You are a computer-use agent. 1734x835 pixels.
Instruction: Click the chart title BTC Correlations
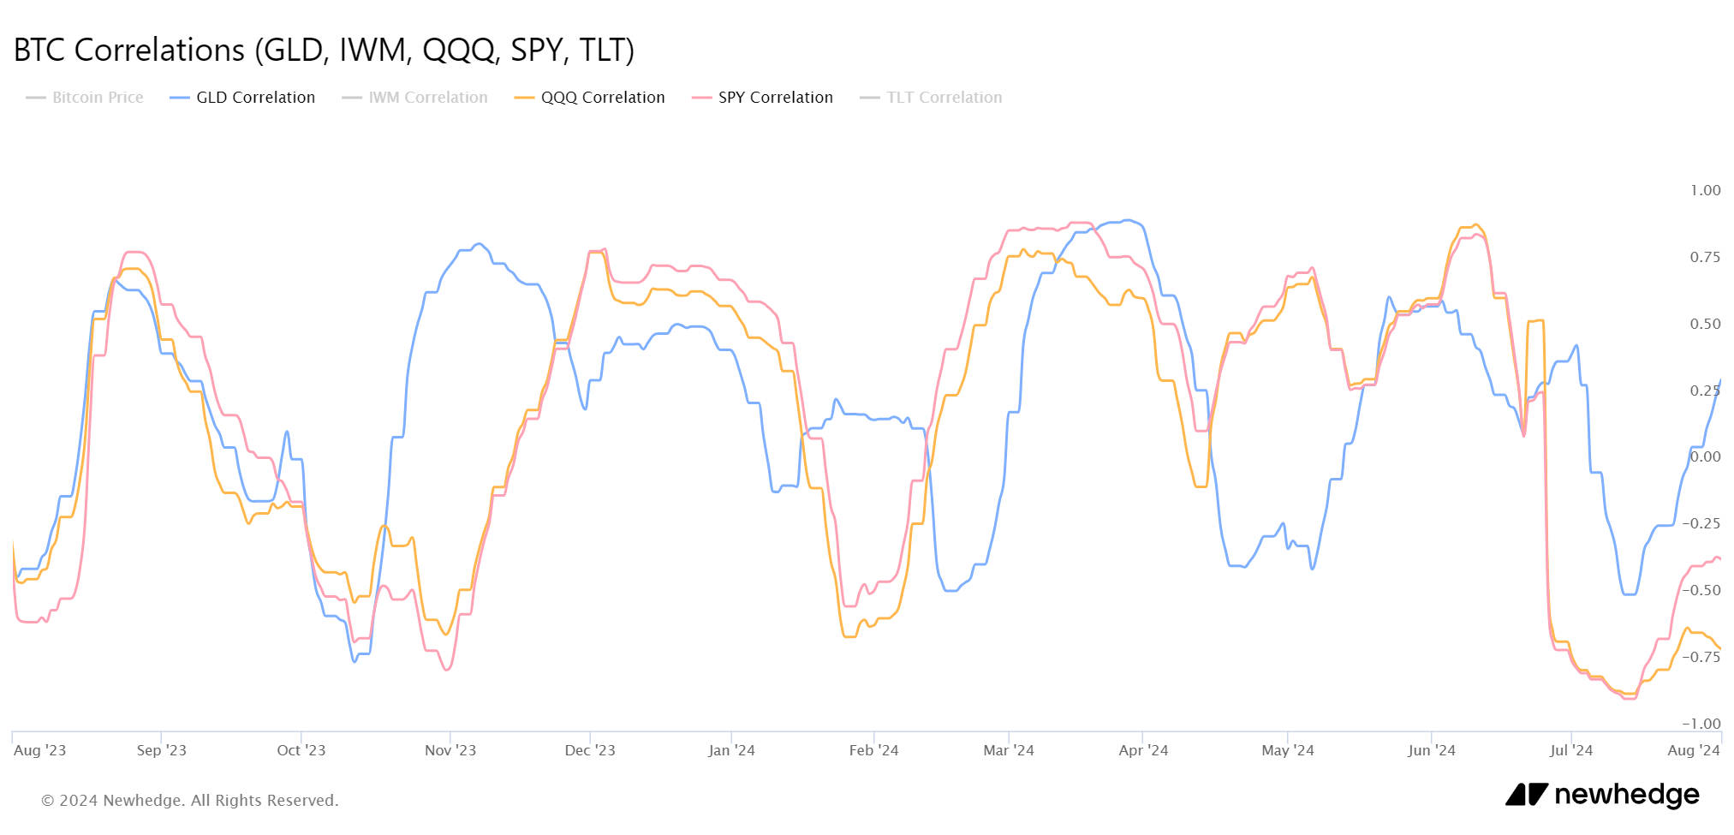point(324,51)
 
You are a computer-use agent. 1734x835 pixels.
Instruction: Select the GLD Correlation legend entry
point(255,98)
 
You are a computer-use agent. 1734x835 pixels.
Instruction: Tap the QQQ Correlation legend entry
point(602,98)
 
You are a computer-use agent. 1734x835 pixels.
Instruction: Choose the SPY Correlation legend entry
point(775,98)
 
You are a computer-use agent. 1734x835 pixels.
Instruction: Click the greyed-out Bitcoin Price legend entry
point(98,98)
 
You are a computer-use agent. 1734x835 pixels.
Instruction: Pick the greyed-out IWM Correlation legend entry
point(427,98)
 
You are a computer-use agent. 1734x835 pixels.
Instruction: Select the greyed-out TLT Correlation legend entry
point(944,98)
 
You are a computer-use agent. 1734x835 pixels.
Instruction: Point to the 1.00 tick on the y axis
point(1705,190)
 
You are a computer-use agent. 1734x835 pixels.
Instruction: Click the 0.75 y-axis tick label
point(1705,257)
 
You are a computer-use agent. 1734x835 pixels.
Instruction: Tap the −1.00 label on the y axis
point(1701,724)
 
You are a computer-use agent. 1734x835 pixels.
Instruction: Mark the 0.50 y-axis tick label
point(1705,324)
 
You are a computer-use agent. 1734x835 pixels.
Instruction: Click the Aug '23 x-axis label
point(40,750)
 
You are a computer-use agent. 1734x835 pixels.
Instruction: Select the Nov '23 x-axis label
point(450,750)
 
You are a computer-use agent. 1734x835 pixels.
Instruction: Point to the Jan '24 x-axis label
point(731,750)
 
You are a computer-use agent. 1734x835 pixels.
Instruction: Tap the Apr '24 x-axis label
point(1143,750)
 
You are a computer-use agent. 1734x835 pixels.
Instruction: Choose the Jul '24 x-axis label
point(1571,750)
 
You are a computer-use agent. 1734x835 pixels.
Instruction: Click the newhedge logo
point(1602,795)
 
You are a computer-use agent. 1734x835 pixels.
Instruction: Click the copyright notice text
point(190,801)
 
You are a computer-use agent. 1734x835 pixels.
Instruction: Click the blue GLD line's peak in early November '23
point(478,244)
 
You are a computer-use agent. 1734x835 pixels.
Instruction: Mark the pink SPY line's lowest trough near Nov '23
point(447,670)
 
